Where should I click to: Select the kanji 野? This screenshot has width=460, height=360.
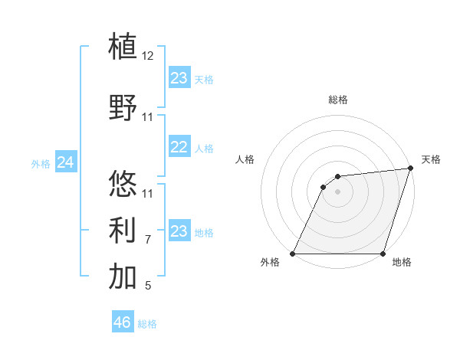pyautogui.click(x=123, y=108)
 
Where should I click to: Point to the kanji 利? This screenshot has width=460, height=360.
pyautogui.click(x=123, y=230)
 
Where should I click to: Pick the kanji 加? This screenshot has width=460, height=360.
pyautogui.click(x=123, y=277)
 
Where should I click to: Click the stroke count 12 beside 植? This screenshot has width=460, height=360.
pyautogui.click(x=148, y=56)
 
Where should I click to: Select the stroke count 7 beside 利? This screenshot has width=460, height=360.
pyautogui.click(x=148, y=240)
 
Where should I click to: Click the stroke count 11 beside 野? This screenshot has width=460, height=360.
pyautogui.click(x=148, y=118)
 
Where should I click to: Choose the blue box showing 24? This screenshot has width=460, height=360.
pyautogui.click(x=66, y=162)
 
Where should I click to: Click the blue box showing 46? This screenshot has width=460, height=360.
pyautogui.click(x=122, y=322)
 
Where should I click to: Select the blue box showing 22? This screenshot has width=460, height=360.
pyautogui.click(x=179, y=147)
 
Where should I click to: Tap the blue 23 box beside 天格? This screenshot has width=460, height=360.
pyautogui.click(x=179, y=77)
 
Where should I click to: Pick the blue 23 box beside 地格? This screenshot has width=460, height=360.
pyautogui.click(x=179, y=231)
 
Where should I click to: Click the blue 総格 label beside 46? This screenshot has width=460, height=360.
pyautogui.click(x=147, y=324)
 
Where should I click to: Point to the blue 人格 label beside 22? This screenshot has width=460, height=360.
pyautogui.click(x=204, y=149)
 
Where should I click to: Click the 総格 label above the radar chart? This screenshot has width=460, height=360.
pyautogui.click(x=338, y=100)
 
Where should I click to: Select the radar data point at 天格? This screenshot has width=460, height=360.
pyautogui.click(x=412, y=169)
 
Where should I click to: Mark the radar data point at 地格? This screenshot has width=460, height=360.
pyautogui.click(x=383, y=254)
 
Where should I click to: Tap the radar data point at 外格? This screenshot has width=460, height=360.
pyautogui.click(x=293, y=254)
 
